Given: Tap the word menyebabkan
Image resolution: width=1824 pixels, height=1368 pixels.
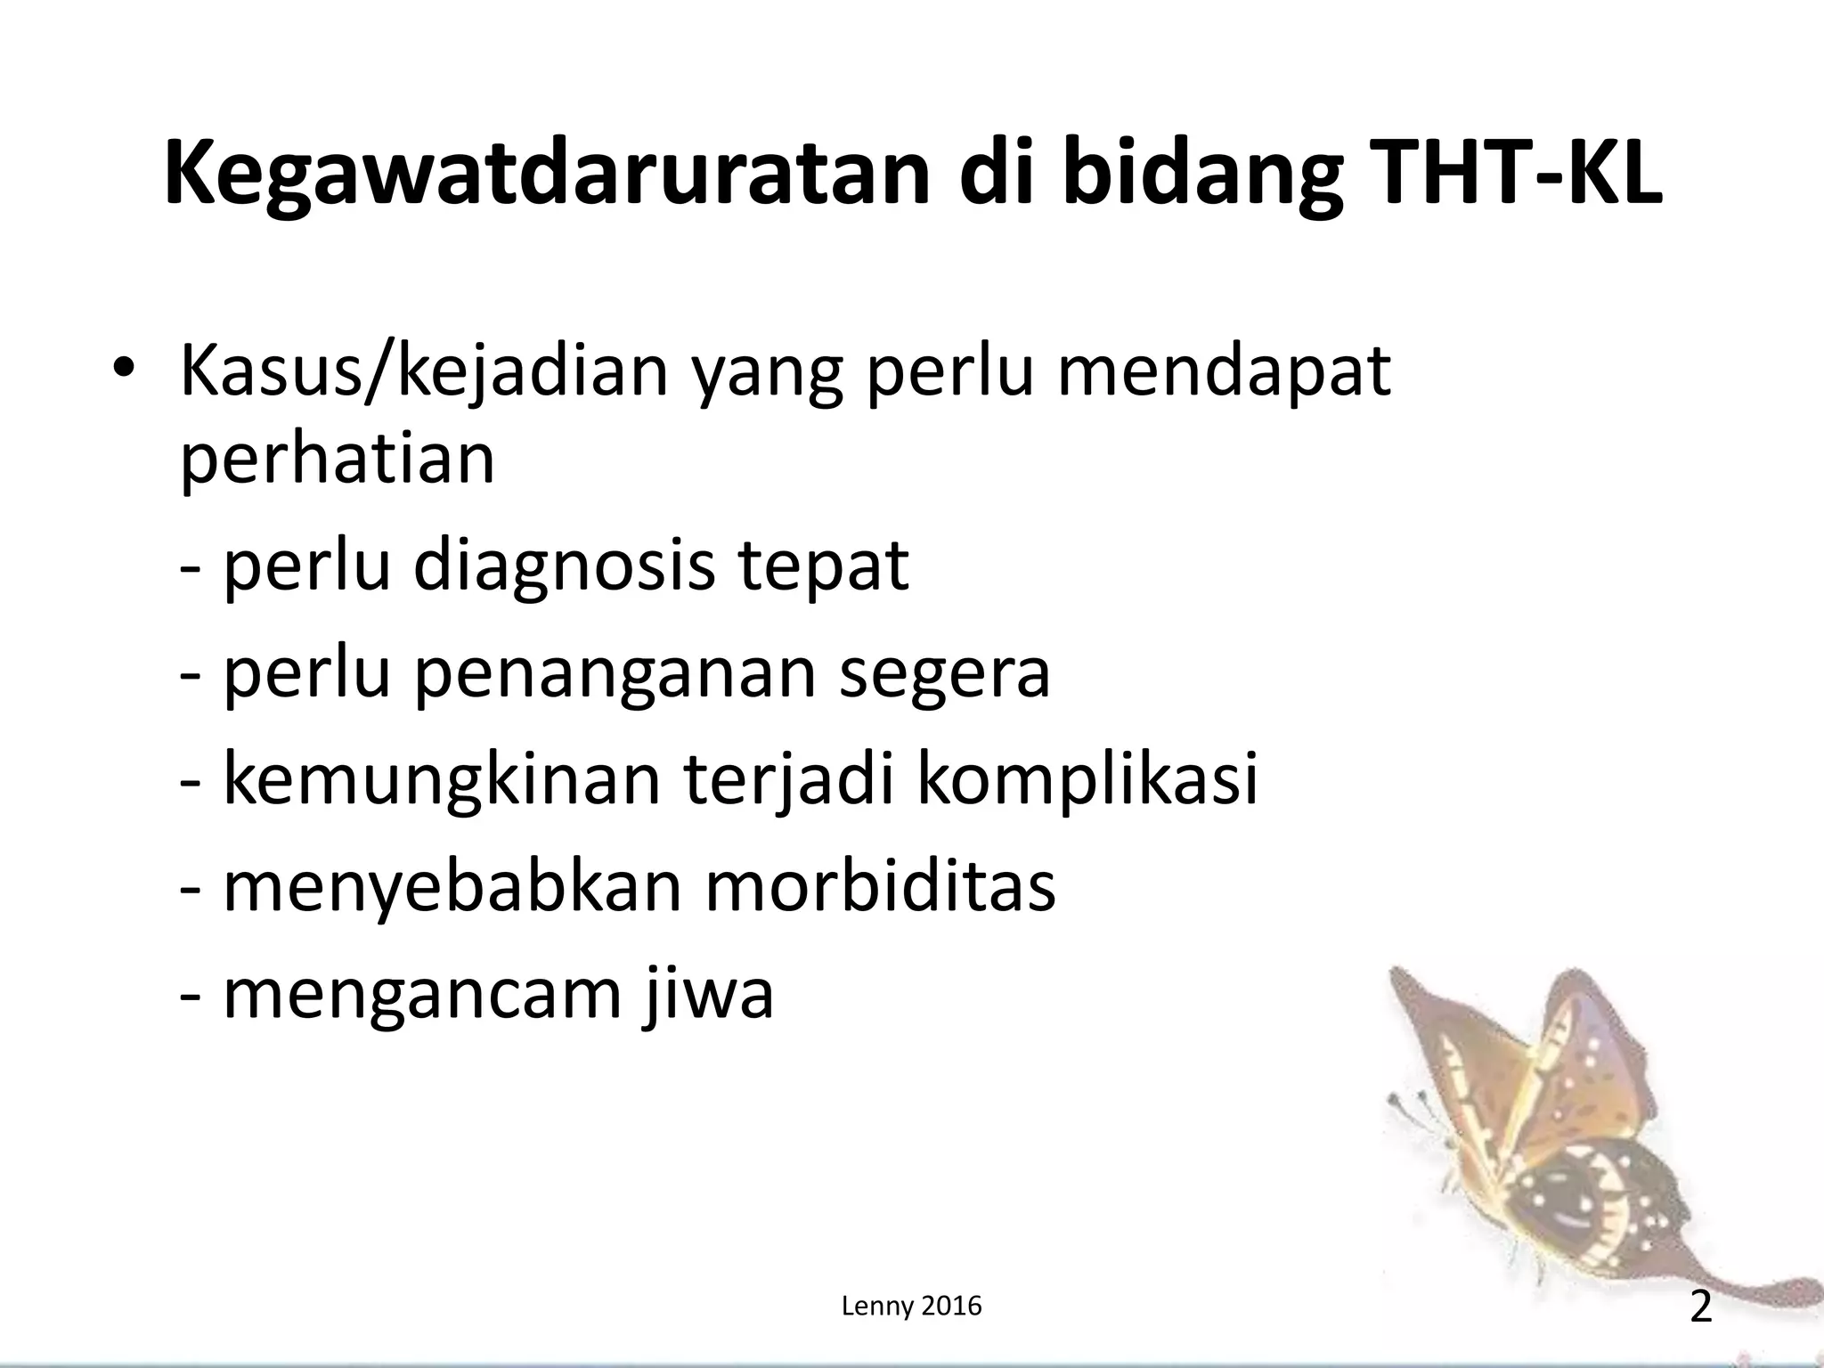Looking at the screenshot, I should click(452, 886).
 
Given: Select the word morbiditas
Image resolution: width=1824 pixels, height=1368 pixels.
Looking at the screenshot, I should click(881, 886).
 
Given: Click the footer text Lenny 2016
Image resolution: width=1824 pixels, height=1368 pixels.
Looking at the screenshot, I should click(911, 1307).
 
